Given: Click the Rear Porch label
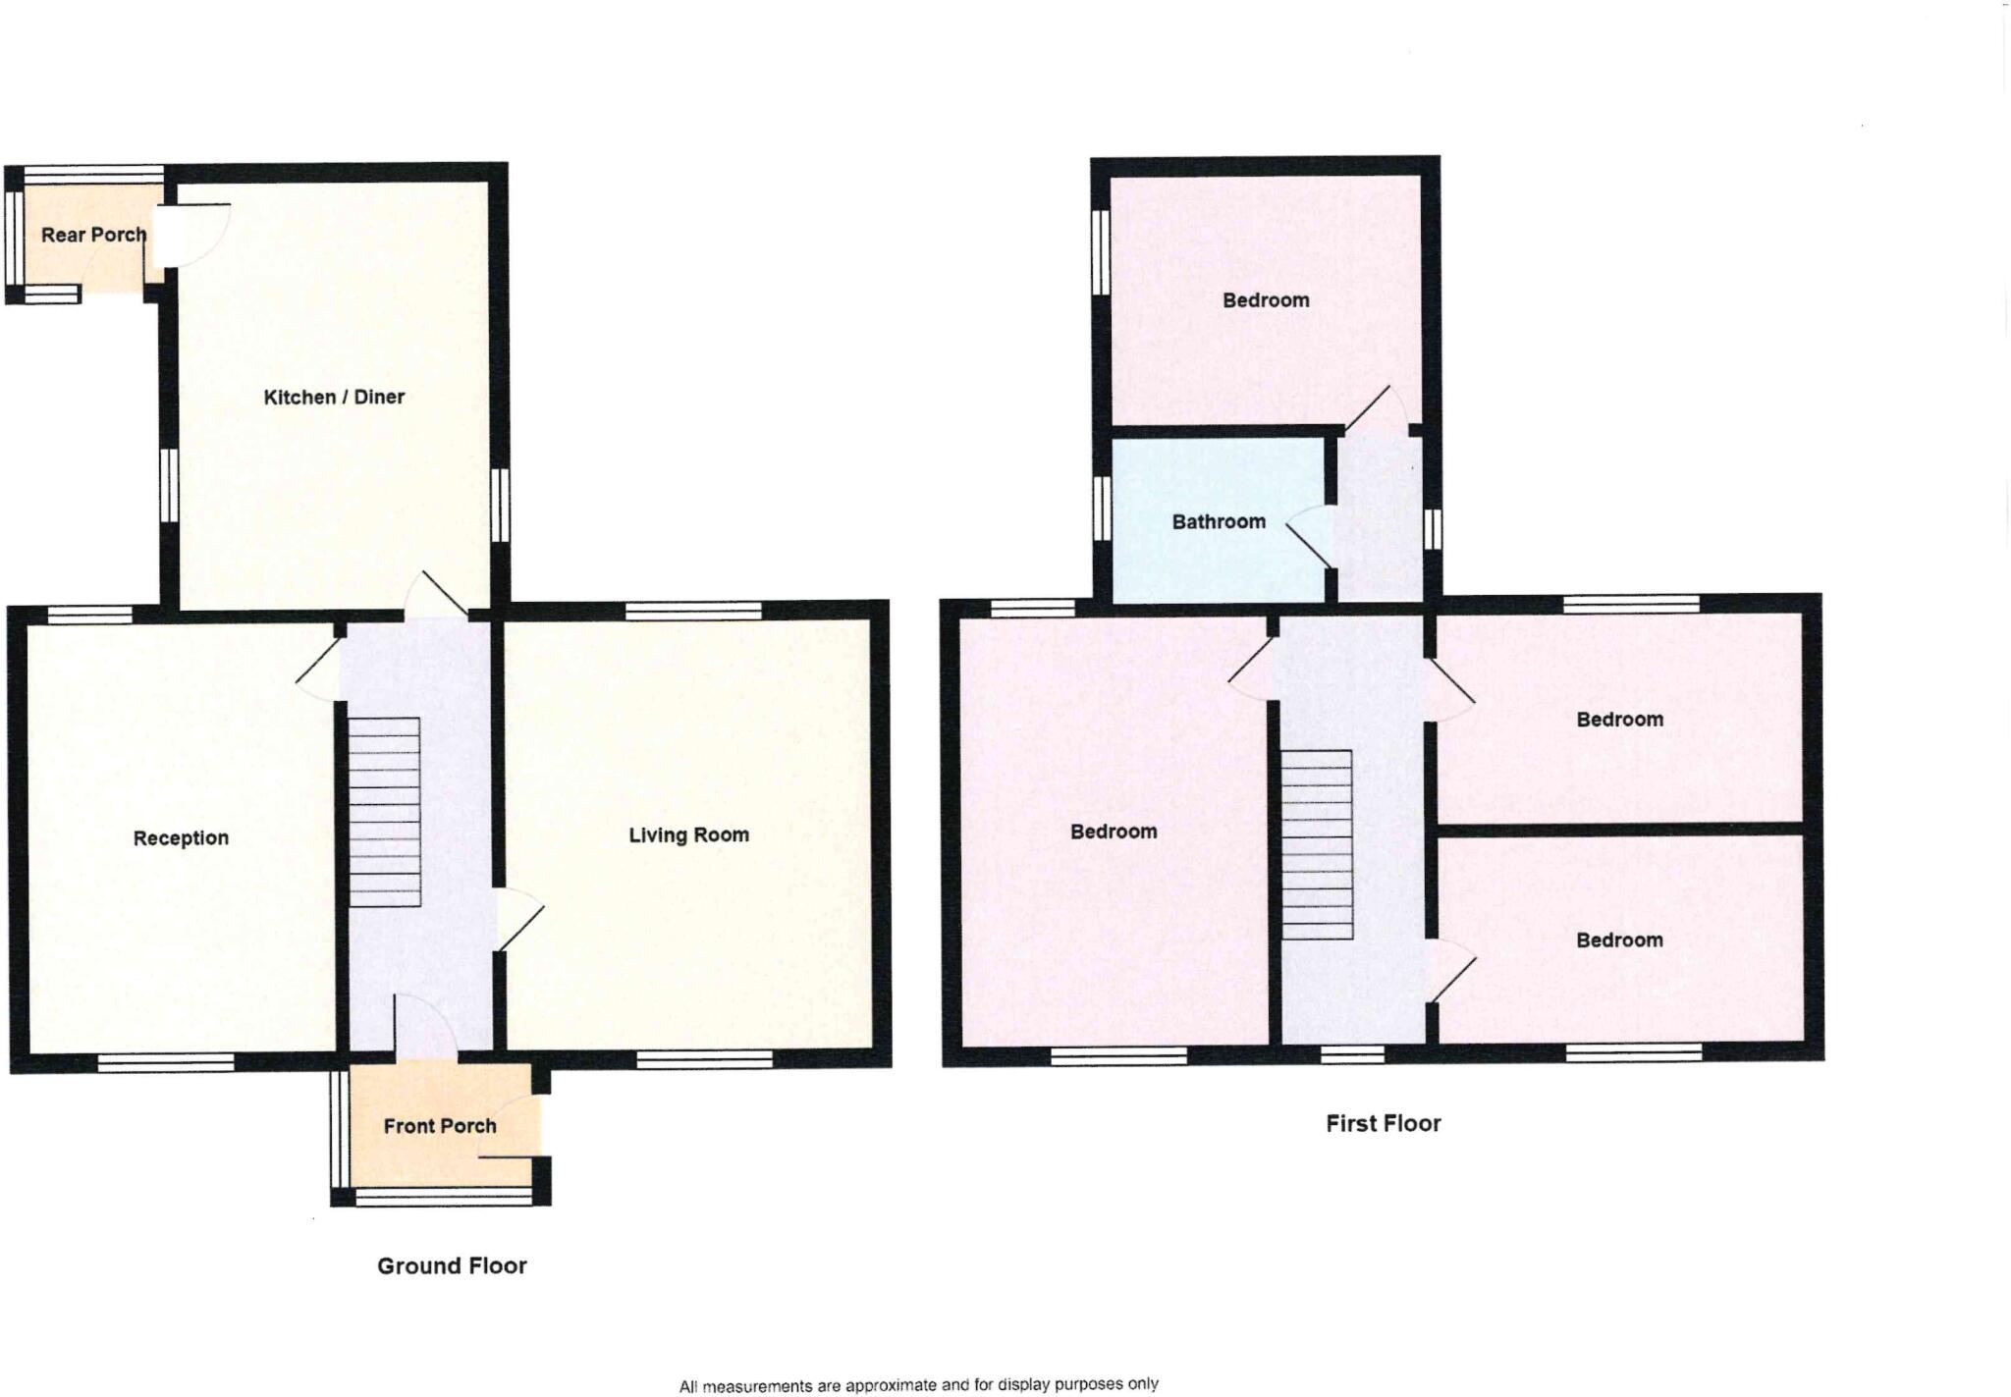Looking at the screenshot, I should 93,235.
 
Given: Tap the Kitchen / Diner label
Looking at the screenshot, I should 334,397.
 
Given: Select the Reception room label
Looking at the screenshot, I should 181,837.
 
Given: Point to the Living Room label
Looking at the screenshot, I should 688,834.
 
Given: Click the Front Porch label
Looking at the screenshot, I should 439,1126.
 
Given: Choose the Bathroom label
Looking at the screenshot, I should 1219,521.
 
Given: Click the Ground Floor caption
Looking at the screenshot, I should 452,1265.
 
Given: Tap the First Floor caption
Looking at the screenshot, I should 1383,1123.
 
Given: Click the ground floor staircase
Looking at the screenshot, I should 385,811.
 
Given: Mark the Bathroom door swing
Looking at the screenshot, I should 1310,537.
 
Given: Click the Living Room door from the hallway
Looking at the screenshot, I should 518,919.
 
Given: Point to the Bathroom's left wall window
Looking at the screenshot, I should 1101,509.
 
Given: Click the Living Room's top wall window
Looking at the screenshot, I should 693,611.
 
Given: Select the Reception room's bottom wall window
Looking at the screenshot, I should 165,1061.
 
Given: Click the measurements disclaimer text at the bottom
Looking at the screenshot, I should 918,1384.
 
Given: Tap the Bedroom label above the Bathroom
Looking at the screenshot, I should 1265,300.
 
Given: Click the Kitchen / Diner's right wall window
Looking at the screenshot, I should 500,505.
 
